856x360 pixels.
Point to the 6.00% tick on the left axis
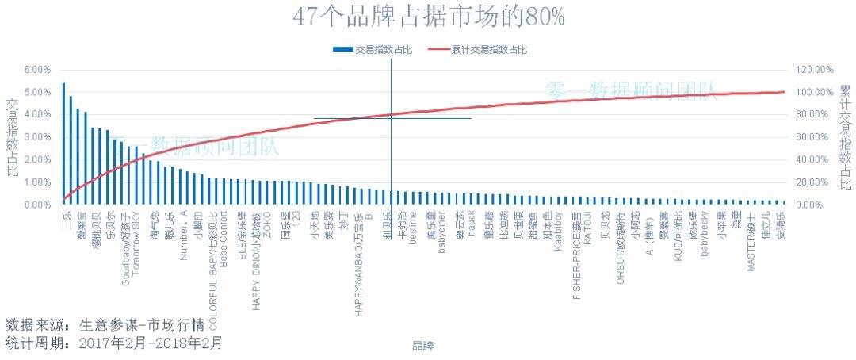[37, 70]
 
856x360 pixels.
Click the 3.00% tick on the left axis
[37, 137]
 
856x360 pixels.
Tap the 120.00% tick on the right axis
[815, 70]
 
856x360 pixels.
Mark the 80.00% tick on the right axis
[815, 115]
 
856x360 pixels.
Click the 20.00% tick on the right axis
[815, 182]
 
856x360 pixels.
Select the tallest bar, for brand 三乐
[63, 143]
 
